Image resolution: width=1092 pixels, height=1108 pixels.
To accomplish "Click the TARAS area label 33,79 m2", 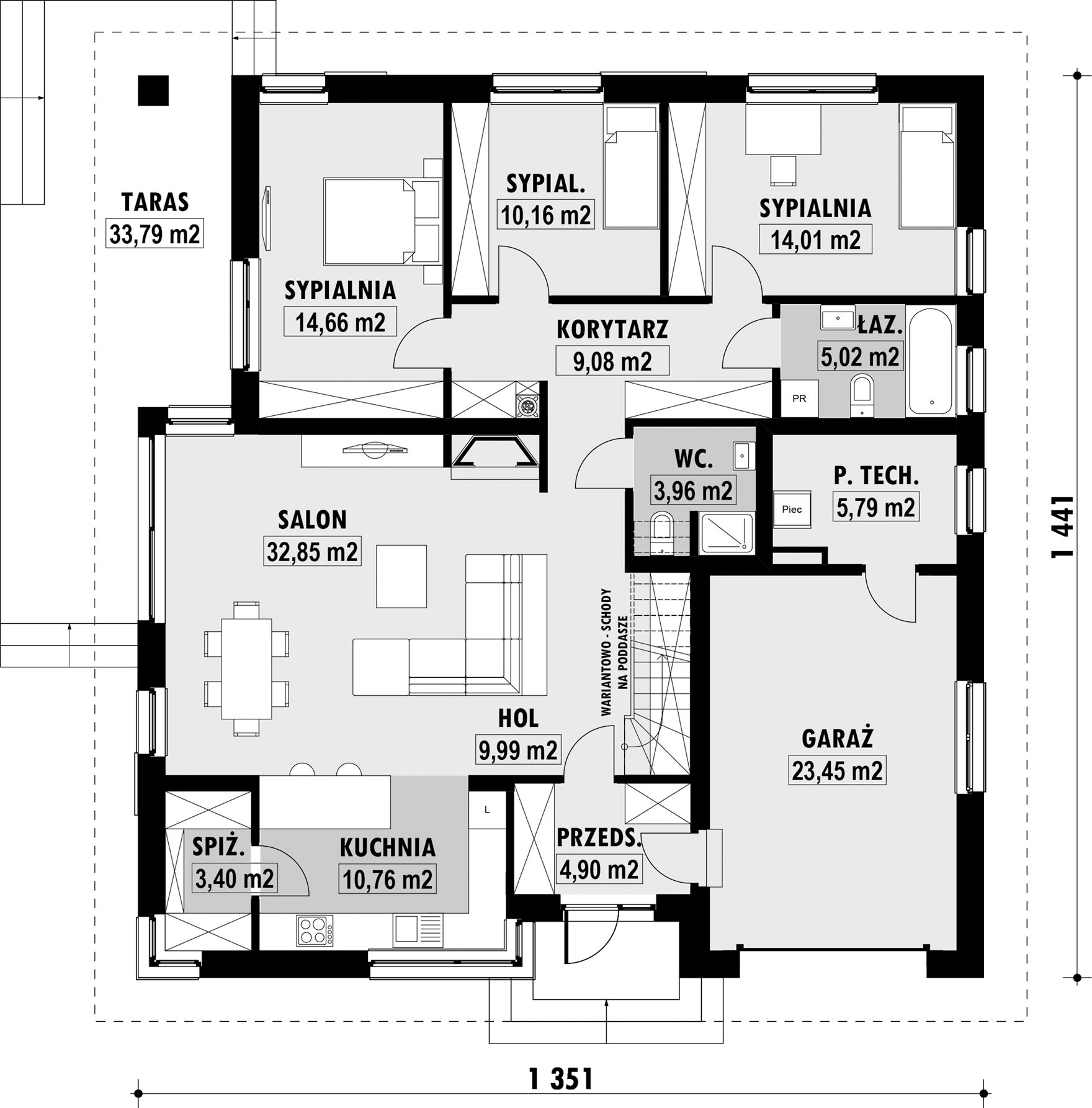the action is coord(154,234).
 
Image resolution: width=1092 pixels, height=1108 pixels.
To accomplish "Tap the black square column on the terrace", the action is coord(153,91).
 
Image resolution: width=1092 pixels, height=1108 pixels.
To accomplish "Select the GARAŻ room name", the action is coord(838,739).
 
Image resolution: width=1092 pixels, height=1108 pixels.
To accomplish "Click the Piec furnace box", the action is coord(792,509).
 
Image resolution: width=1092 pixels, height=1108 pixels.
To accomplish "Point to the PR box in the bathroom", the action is coord(799,399).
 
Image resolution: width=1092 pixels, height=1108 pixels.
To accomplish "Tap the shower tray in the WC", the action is coord(726,533).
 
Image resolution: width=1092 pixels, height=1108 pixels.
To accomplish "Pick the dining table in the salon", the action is coord(246,668).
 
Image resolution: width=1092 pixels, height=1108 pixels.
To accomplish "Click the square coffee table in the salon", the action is coord(401,576).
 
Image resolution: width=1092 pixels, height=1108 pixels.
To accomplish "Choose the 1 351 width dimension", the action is coord(561,1079).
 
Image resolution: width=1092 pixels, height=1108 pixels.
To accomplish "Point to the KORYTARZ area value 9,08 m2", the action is coord(612,361).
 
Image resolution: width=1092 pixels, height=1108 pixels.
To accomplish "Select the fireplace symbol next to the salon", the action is coord(495,451).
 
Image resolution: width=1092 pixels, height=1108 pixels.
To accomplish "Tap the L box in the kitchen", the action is coord(487,809).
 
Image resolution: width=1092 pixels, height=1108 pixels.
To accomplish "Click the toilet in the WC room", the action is coord(663,532).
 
